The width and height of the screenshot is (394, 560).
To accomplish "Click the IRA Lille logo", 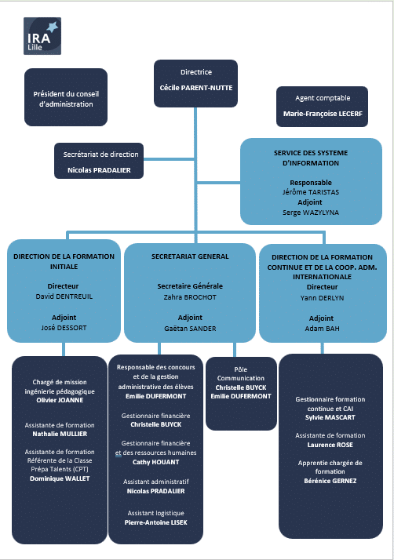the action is (x=42, y=36).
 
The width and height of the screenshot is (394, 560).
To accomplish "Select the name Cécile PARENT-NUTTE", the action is (x=196, y=88).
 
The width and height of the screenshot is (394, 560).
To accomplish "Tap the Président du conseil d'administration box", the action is (x=66, y=97).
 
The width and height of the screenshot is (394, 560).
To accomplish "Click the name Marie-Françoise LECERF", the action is (x=323, y=114).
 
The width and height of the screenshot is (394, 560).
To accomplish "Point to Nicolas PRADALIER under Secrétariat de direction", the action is (x=99, y=170).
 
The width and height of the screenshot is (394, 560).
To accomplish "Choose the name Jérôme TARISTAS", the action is (x=310, y=192).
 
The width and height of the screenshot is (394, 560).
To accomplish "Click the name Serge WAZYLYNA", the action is (x=310, y=213).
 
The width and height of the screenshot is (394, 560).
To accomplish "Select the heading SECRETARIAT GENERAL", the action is (x=190, y=256).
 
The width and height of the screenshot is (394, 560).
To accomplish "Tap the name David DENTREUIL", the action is (x=64, y=296).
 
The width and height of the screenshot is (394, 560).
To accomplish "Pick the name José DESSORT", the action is (x=64, y=328).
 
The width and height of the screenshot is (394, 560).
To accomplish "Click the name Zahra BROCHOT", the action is (x=190, y=297).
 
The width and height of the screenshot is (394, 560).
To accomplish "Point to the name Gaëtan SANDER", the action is (x=190, y=329).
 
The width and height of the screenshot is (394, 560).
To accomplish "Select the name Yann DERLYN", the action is (x=322, y=298).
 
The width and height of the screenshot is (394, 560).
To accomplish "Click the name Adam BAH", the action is (x=322, y=329).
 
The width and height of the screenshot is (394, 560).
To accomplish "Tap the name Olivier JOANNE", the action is (x=60, y=400).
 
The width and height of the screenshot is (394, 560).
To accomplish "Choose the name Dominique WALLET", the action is (x=60, y=478).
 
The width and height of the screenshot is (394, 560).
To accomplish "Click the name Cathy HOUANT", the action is (x=156, y=462).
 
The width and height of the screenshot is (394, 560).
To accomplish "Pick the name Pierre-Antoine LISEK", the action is (x=156, y=522).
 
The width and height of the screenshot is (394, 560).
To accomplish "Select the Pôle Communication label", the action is (x=241, y=373).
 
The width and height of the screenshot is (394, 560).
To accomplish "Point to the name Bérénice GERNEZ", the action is (x=330, y=481).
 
